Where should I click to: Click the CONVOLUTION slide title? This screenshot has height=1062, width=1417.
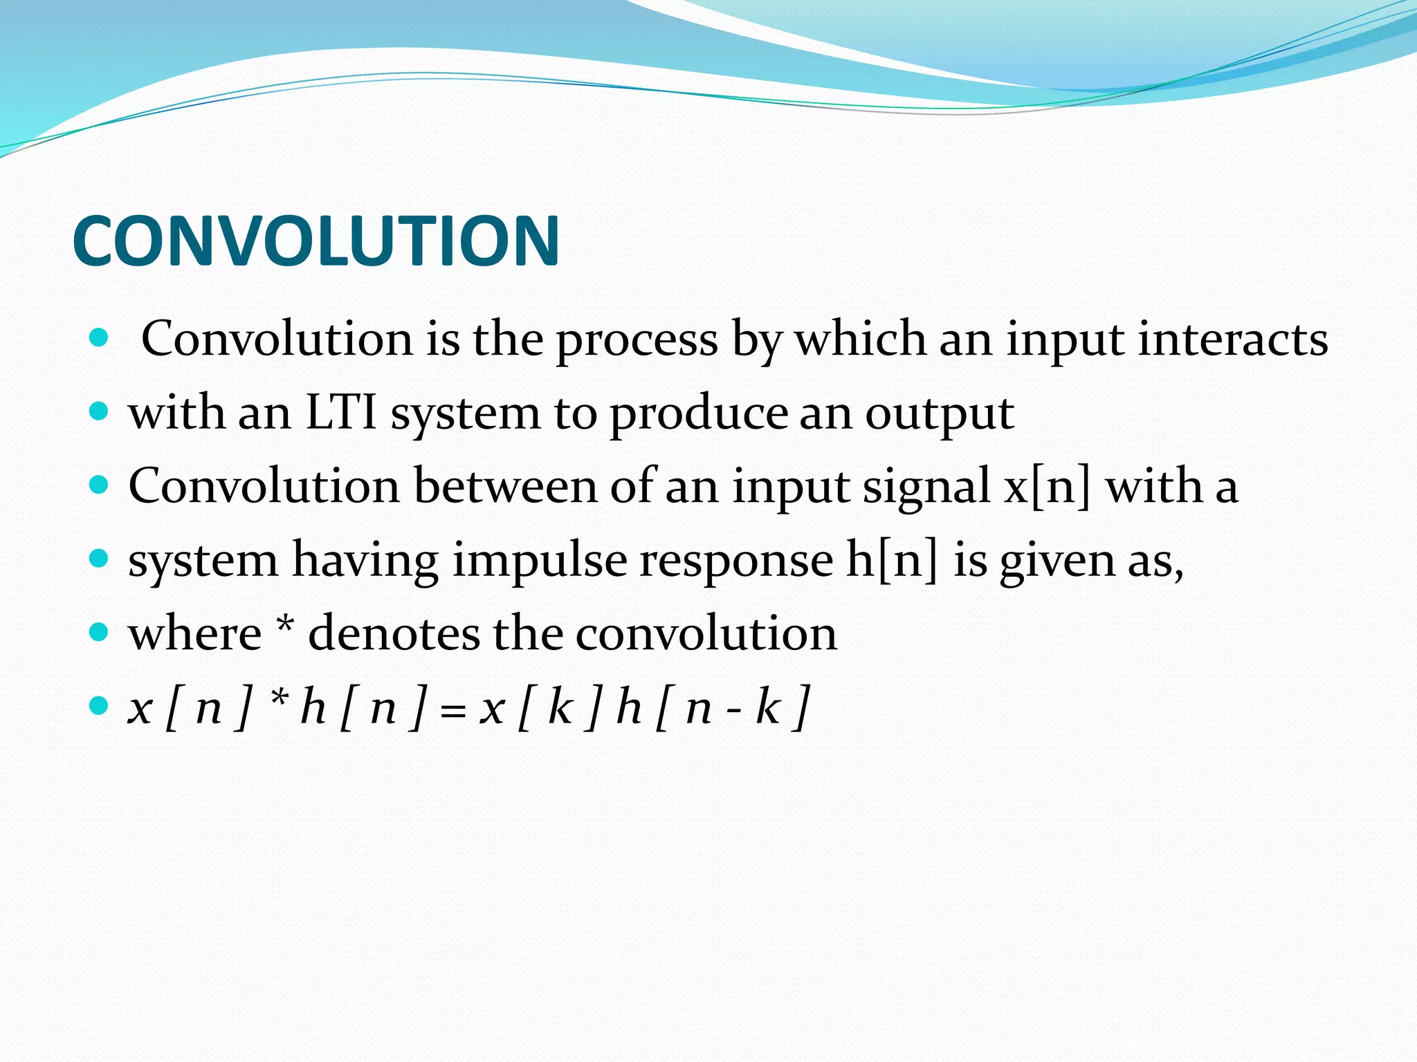click(316, 240)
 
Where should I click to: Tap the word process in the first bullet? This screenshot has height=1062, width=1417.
click(637, 340)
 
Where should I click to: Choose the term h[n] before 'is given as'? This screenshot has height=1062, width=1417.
click(893, 560)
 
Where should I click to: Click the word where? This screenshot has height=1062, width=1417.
click(195, 633)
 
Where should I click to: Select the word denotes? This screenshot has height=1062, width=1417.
click(394, 633)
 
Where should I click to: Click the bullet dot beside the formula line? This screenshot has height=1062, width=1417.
click(100, 706)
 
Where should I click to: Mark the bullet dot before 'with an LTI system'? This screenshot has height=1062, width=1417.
click(100, 412)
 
